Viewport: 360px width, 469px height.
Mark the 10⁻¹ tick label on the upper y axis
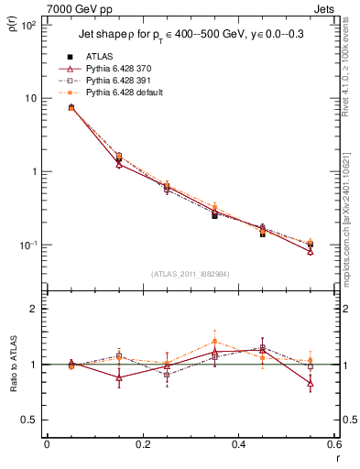(27, 245)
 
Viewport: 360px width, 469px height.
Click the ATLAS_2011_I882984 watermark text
(190, 274)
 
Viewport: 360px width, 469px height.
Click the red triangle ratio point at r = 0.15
(119, 377)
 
